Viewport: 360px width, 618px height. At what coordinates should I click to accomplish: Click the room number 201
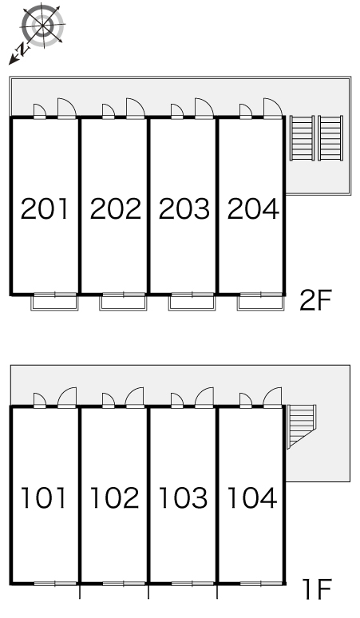click(x=44, y=209)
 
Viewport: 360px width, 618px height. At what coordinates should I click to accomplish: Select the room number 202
click(x=115, y=209)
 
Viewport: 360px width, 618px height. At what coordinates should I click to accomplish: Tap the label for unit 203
click(x=184, y=209)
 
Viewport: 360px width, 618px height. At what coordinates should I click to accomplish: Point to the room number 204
click(x=253, y=209)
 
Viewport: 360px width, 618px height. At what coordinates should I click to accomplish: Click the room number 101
click(x=43, y=497)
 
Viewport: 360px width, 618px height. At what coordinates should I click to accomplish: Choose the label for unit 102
click(x=114, y=497)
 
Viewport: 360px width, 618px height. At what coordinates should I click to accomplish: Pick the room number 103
click(x=183, y=497)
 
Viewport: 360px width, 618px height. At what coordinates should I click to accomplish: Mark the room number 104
click(x=252, y=497)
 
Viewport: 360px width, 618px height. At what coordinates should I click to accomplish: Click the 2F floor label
click(x=315, y=300)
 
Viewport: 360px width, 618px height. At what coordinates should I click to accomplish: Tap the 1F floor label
click(x=317, y=589)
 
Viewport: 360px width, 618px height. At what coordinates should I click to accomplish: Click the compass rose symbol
click(x=42, y=26)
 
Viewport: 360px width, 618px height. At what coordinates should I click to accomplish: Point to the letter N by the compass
click(x=23, y=49)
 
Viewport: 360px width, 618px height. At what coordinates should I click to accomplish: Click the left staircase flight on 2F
click(x=302, y=138)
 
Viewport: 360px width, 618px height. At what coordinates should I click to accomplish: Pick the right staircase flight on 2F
click(x=330, y=138)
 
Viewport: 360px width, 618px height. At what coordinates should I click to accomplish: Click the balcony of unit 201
click(x=55, y=303)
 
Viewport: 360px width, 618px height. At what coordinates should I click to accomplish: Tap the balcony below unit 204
click(x=260, y=303)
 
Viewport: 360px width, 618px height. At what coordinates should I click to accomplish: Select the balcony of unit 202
click(x=123, y=303)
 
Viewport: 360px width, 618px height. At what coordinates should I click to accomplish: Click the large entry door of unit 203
click(x=204, y=109)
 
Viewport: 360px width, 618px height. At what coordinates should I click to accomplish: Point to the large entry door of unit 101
click(x=67, y=398)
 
